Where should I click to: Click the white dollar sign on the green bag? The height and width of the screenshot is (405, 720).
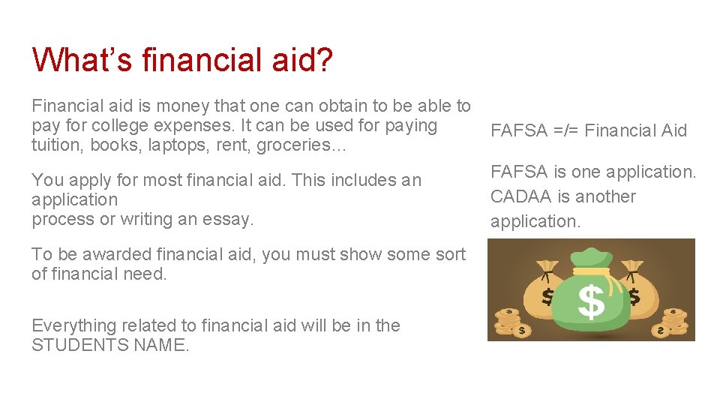tap(592, 303)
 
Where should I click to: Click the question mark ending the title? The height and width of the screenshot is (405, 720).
tap(324, 59)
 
